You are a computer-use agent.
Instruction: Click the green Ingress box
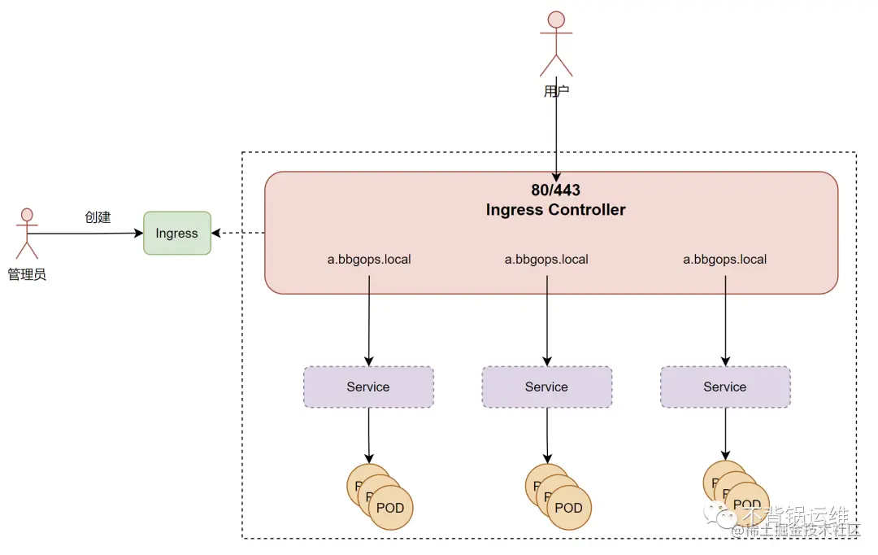pyautogui.click(x=177, y=233)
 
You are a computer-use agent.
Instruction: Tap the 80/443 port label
pyautogui.click(x=556, y=190)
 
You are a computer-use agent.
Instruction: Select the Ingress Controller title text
pyautogui.click(x=556, y=210)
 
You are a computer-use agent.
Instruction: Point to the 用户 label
pyautogui.click(x=556, y=90)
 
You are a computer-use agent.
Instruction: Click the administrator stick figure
pyautogui.click(x=27, y=232)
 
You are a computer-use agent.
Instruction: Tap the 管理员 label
pyautogui.click(x=27, y=274)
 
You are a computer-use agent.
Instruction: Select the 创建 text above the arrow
pyautogui.click(x=98, y=217)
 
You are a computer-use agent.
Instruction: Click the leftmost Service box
pyautogui.click(x=368, y=387)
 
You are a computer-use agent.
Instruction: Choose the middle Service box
pyautogui.click(x=546, y=387)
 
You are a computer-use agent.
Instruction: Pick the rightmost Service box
pyautogui.click(x=724, y=387)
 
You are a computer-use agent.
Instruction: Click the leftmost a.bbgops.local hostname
pyautogui.click(x=369, y=260)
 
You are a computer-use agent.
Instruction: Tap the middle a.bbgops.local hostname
pyautogui.click(x=546, y=260)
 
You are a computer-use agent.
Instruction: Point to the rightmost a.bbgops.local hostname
pyautogui.click(x=724, y=260)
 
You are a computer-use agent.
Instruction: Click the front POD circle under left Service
pyautogui.click(x=391, y=508)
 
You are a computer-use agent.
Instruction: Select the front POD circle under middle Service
pyautogui.click(x=569, y=508)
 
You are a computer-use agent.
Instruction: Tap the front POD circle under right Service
pyautogui.click(x=747, y=504)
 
